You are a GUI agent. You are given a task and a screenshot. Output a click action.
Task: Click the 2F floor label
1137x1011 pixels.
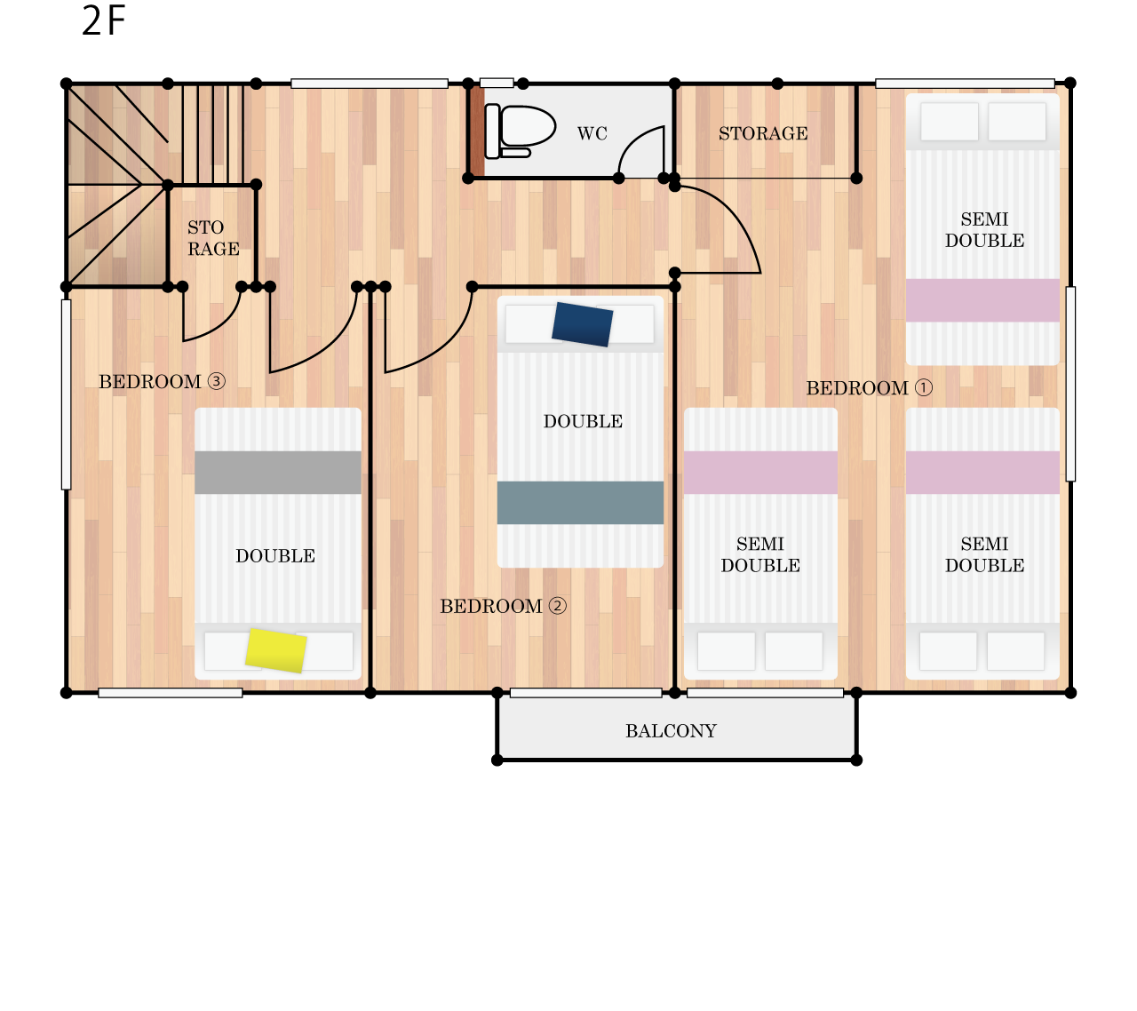click(103, 20)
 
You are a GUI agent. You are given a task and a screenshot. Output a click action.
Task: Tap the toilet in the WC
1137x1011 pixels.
click(520, 131)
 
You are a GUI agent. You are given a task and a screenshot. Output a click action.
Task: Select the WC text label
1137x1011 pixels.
click(592, 133)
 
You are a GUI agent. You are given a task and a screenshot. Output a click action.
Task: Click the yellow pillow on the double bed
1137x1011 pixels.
click(276, 650)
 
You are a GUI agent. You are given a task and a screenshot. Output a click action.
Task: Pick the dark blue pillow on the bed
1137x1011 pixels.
click(582, 324)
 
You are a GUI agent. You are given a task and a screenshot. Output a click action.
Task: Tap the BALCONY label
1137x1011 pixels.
click(671, 731)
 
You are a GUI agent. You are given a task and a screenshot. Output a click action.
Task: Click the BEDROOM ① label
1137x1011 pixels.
click(870, 388)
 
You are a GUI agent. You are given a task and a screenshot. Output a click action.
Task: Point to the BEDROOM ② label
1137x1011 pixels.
click(503, 606)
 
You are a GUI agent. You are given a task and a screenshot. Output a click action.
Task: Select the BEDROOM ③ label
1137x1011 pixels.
click(163, 382)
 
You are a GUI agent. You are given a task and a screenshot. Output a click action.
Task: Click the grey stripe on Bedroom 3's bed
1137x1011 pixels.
click(278, 472)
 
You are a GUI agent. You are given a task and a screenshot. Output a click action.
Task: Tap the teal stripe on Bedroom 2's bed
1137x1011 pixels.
click(580, 503)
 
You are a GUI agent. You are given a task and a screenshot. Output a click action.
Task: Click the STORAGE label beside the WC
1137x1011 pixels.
click(763, 133)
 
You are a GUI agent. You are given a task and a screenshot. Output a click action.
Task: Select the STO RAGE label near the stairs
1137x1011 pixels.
click(213, 238)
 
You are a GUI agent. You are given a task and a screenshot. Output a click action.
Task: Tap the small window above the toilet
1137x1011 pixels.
click(497, 84)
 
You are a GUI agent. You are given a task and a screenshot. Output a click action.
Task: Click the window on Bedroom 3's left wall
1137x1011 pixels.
click(67, 394)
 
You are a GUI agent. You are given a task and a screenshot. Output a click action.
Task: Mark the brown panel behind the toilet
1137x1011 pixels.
click(477, 131)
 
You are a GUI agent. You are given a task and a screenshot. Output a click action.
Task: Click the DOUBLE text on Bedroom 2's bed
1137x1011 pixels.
click(583, 421)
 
